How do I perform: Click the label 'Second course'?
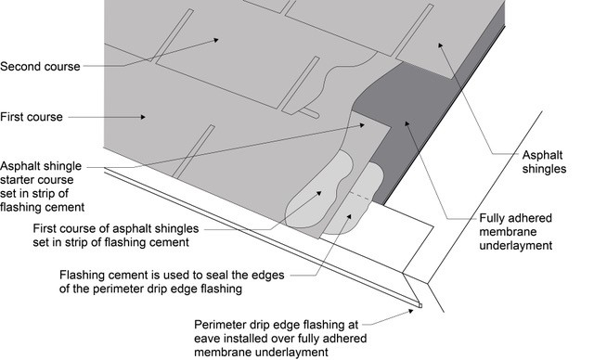40,67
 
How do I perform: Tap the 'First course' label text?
32,117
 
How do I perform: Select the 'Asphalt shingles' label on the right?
544,162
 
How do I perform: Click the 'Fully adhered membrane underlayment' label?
516,232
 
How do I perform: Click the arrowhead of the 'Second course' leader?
215,40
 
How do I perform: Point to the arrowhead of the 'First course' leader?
143,117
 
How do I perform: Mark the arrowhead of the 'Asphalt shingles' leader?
440,45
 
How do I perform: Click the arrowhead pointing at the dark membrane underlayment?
407,123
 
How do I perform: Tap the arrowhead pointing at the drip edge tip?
410,311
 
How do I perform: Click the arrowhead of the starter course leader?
362,124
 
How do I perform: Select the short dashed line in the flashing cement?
360,197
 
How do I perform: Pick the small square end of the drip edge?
420,305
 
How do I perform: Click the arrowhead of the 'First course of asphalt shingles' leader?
318,193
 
